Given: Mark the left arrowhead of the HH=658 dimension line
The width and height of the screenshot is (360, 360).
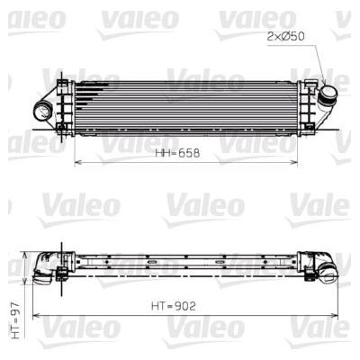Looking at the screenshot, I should (76, 163).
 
